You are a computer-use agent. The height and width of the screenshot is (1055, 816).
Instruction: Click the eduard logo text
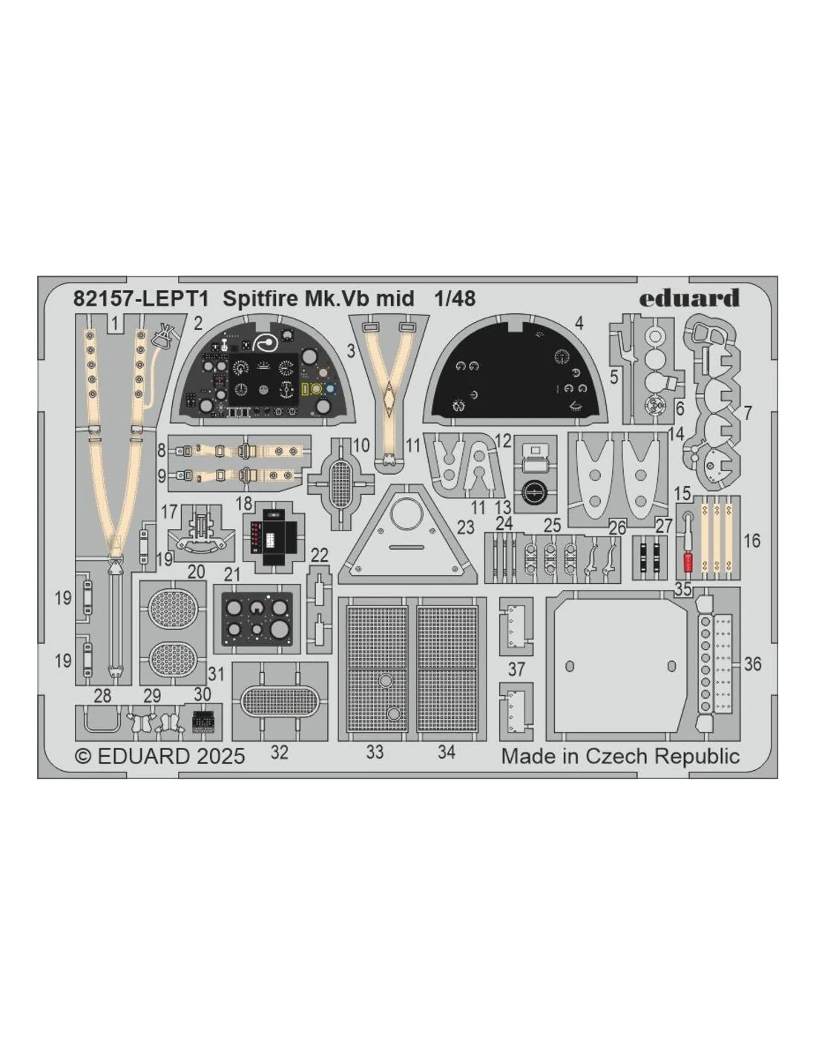(689, 298)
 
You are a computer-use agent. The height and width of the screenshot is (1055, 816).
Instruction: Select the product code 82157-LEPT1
(141, 299)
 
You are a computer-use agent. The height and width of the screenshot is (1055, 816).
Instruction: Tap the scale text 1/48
(455, 299)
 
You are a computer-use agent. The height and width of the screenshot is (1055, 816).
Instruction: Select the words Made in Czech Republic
(620, 757)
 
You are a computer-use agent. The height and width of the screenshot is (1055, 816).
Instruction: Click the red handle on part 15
(687, 562)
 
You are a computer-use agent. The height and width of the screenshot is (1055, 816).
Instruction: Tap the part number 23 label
(465, 527)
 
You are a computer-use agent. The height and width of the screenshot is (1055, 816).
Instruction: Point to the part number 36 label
(752, 664)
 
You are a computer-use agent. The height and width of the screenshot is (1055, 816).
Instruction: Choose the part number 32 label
(280, 753)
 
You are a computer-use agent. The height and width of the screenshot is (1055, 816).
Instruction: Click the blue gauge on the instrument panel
(331, 390)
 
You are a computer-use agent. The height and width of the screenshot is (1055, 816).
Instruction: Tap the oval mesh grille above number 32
(280, 701)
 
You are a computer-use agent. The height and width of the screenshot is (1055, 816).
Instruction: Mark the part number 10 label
(362, 444)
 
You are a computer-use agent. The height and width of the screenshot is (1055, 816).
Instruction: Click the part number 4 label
(579, 323)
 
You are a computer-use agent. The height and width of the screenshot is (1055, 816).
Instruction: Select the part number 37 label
(516, 669)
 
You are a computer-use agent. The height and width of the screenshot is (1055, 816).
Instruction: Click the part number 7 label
(748, 413)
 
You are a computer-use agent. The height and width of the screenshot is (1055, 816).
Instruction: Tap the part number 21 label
(232, 575)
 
